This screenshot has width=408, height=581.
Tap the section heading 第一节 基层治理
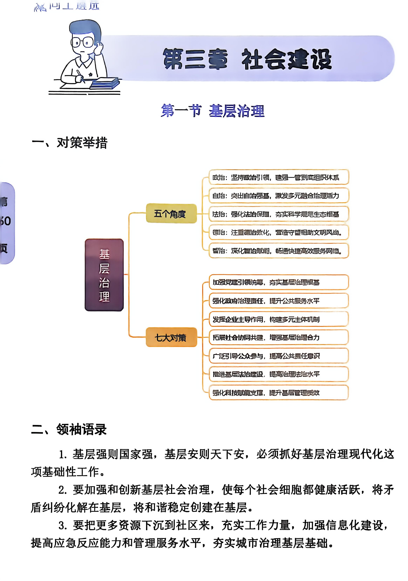coord(213,111)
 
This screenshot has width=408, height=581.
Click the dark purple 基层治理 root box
coord(104,275)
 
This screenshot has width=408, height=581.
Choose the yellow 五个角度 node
coord(171,213)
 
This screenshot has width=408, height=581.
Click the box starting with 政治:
coord(279,177)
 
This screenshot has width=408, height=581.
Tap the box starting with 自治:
coord(279,196)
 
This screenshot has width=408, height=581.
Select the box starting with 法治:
coord(279,214)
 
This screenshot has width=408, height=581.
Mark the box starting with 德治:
coord(279,232)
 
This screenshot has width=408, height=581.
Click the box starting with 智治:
coord(279,251)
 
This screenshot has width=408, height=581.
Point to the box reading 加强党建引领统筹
coord(279,282)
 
